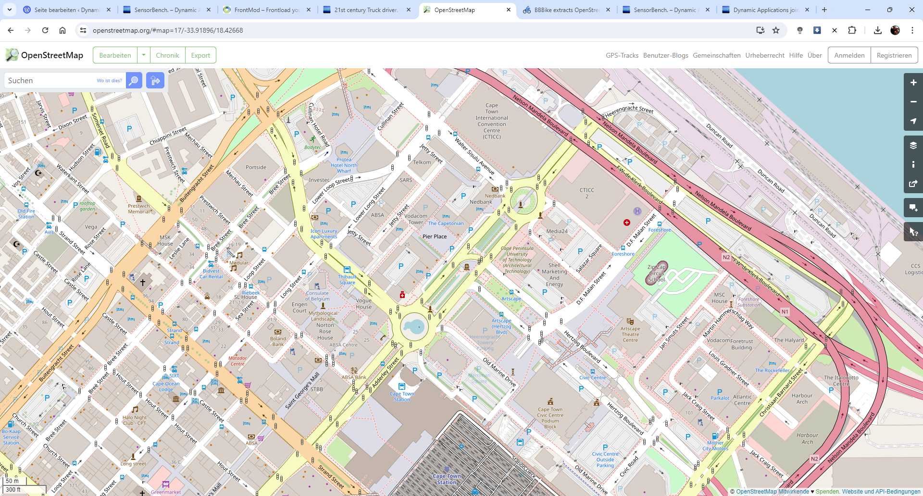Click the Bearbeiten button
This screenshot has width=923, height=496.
click(x=115, y=55)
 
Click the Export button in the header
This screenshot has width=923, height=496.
click(x=200, y=55)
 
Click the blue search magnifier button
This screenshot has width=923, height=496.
click(x=134, y=80)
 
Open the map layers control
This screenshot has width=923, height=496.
click(x=913, y=145)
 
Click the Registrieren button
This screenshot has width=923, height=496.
click(x=894, y=55)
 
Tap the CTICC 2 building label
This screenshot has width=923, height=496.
click(x=586, y=193)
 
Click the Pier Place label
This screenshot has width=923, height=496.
click(x=435, y=236)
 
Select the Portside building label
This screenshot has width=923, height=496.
click(x=256, y=167)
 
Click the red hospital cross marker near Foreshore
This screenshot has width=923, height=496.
click(x=626, y=223)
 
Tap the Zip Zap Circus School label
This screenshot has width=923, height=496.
click(x=656, y=273)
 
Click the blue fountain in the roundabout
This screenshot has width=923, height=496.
click(x=414, y=327)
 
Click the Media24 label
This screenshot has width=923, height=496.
click(x=557, y=231)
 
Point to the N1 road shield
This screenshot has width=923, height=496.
click(x=785, y=311)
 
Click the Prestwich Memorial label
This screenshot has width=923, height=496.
click(x=139, y=209)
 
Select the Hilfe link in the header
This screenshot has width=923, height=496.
click(x=796, y=55)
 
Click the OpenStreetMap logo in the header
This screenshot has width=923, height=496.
click(x=44, y=55)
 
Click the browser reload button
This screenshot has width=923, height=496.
click(x=45, y=30)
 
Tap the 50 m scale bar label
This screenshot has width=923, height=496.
click(x=12, y=481)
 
